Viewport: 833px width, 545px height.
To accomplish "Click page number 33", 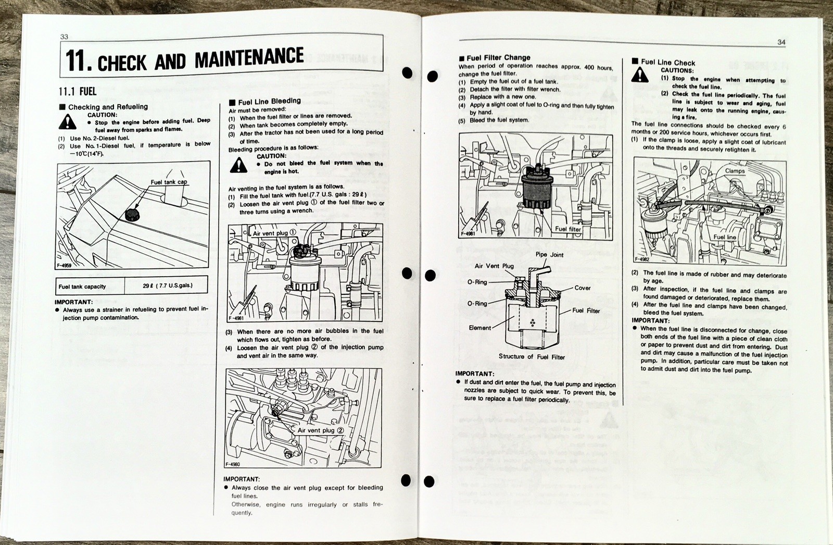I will click(x=65, y=36).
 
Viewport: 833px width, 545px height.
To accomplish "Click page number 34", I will click(x=781, y=42).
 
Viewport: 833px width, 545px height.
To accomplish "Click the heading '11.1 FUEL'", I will click(x=77, y=91).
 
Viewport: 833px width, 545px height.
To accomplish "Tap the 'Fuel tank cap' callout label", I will click(x=169, y=182).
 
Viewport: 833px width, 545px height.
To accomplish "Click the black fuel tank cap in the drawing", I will click(x=133, y=214).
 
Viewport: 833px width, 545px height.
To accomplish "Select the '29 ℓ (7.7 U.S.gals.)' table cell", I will click(x=167, y=286).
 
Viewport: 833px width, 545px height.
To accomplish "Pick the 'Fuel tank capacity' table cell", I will click(x=82, y=286).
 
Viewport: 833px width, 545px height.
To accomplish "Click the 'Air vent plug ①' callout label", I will click(x=274, y=233).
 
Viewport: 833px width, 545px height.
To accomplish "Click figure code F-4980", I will click(x=233, y=464).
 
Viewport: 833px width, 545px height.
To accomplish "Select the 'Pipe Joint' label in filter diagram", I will click(x=550, y=255).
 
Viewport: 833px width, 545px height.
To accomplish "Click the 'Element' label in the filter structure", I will click(x=479, y=328).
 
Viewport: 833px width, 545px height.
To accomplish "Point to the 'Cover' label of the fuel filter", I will click(x=583, y=288).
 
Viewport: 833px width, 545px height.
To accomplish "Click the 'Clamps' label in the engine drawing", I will click(x=735, y=171).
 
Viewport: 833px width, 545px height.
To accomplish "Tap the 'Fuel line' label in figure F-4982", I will click(x=725, y=237).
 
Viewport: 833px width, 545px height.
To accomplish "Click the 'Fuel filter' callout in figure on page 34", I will click(x=567, y=229).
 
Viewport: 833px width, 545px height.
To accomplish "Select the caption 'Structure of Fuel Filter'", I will click(x=532, y=357).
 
